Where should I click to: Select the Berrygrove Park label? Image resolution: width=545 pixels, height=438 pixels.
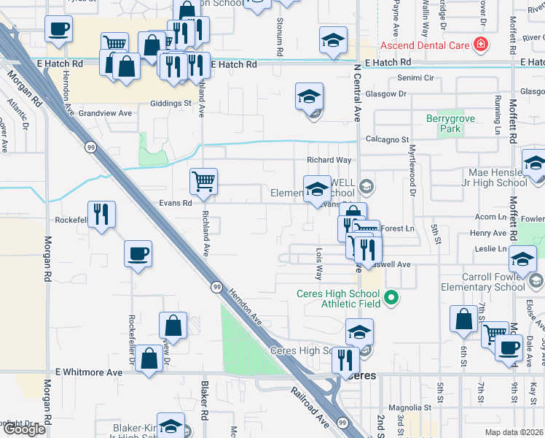tap(444, 123)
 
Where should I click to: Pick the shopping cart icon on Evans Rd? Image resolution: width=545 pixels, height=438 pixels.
tap(203, 180)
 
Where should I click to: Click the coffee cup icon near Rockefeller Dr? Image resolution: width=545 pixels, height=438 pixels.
tap(138, 254)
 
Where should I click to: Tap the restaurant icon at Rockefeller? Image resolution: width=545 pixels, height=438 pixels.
tap(102, 214)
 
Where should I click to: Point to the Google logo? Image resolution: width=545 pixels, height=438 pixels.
tap(23, 429)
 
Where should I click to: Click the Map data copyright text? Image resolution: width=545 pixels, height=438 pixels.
tap(514, 432)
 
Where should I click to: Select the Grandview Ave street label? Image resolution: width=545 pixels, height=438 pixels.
tap(105, 113)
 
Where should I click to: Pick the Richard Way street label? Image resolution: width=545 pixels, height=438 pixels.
tap(329, 160)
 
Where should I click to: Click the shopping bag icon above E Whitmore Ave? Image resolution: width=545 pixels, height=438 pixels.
tap(149, 359)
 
